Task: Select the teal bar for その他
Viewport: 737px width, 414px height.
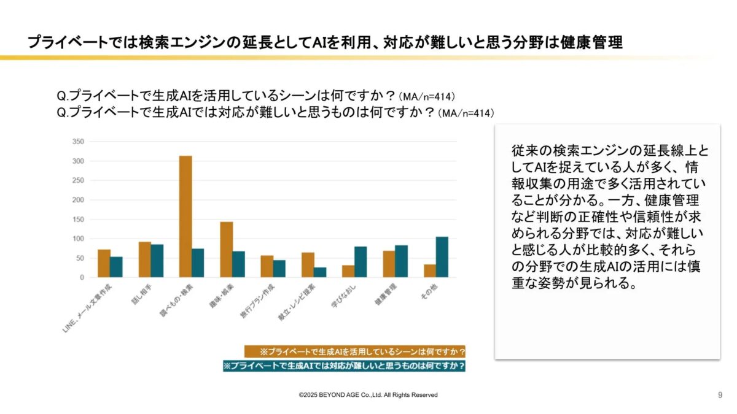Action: click(x=442, y=257)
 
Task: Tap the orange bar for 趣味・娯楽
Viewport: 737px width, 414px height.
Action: click(x=226, y=250)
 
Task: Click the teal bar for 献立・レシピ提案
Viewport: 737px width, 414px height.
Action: click(x=320, y=272)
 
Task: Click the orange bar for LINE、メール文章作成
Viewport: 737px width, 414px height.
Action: click(x=104, y=263)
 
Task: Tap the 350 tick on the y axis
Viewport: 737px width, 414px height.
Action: click(x=77, y=142)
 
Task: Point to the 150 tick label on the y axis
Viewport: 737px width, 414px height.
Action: click(x=77, y=219)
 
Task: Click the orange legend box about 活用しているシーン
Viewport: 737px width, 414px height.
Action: click(x=354, y=351)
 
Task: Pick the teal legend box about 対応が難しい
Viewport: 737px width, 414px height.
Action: click(x=344, y=366)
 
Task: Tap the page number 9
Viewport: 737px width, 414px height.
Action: click(x=720, y=395)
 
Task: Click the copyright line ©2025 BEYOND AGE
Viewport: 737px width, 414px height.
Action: click(x=368, y=395)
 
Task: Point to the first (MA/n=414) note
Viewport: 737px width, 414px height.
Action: click(x=427, y=97)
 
